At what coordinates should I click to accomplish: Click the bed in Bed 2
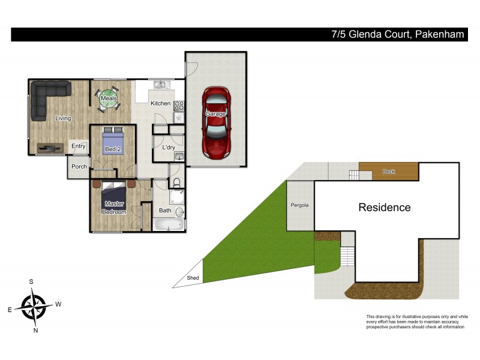click(112, 141)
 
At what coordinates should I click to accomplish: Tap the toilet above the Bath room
click(175, 182)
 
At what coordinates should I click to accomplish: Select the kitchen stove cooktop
click(179, 106)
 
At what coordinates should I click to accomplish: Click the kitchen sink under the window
click(160, 85)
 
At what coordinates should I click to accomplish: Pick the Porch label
click(79, 167)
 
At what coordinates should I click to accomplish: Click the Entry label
click(79, 146)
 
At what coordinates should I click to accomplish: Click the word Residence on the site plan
click(385, 208)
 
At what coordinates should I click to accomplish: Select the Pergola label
click(299, 205)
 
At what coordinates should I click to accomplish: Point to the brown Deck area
click(388, 172)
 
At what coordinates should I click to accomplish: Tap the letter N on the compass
click(36, 331)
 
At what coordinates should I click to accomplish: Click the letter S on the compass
click(31, 281)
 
